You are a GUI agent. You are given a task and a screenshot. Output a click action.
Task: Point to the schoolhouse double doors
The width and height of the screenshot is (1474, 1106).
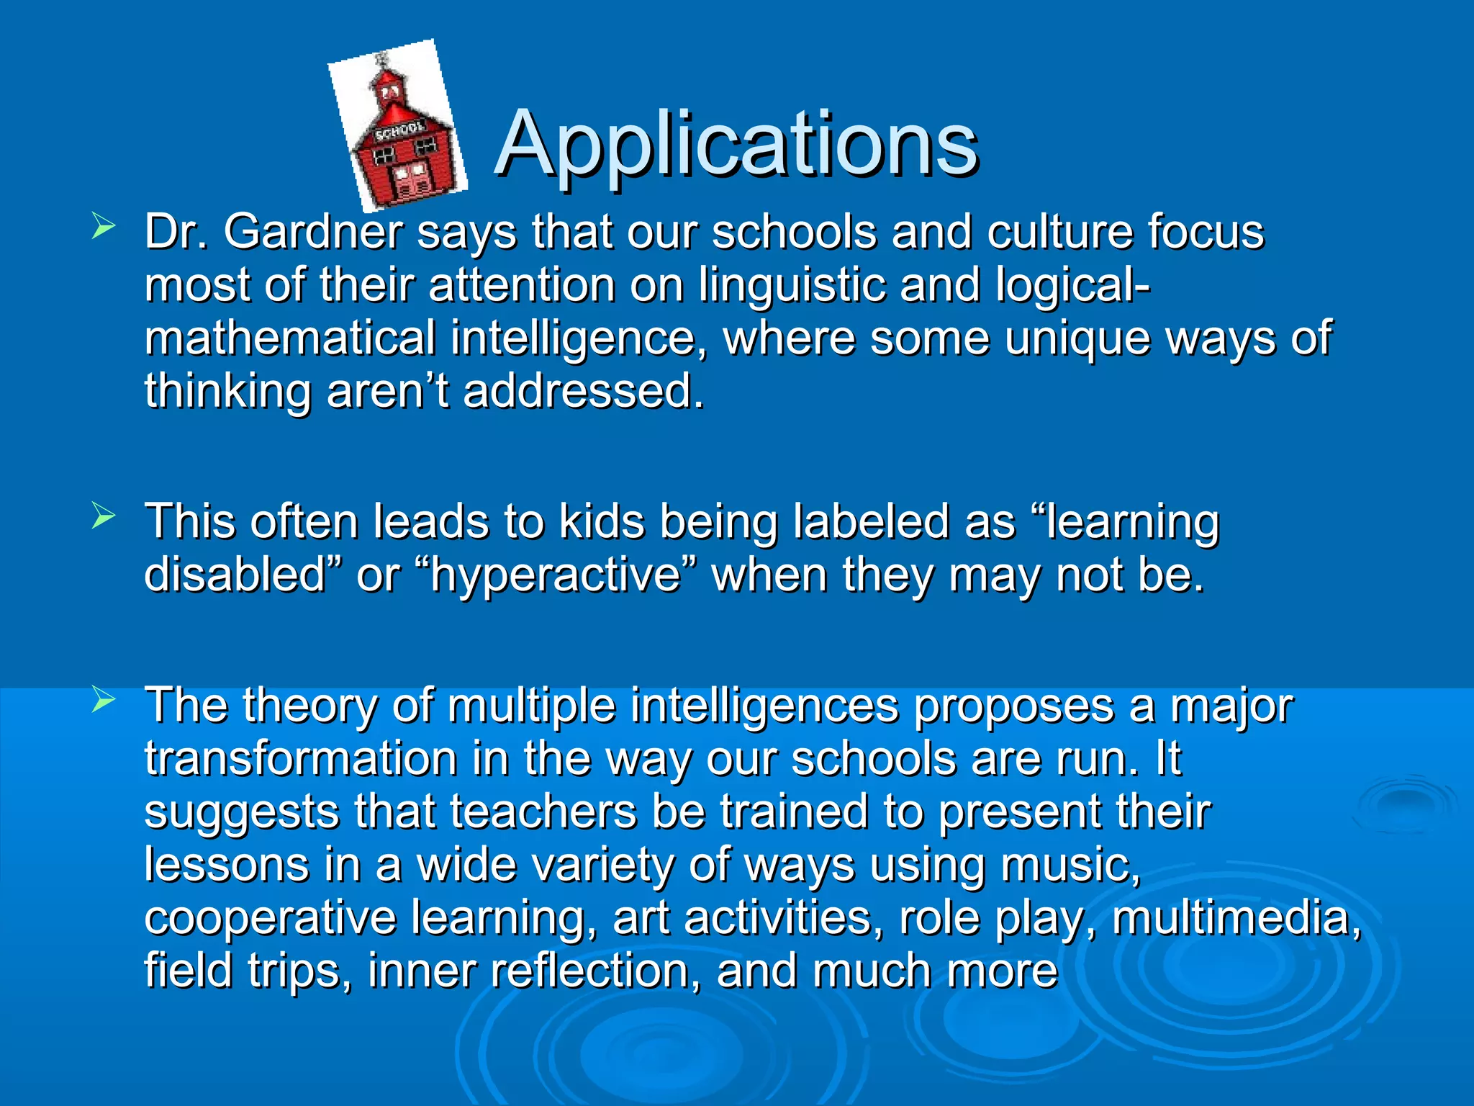pyautogui.click(x=410, y=180)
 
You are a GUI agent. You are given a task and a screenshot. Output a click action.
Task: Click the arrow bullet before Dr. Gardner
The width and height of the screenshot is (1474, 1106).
pyautogui.click(x=104, y=228)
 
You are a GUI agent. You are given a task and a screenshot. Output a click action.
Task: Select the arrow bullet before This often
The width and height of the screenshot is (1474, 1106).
pyautogui.click(x=104, y=516)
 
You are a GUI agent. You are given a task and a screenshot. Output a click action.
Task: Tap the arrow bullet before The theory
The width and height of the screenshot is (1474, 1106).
pyautogui.click(x=104, y=698)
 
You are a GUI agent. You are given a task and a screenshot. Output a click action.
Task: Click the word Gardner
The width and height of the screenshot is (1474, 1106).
pyautogui.click(x=313, y=232)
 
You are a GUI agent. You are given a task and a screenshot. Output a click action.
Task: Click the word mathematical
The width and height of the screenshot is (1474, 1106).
pyautogui.click(x=290, y=338)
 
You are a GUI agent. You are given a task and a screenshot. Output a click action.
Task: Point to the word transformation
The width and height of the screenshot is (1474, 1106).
pyautogui.click(x=301, y=759)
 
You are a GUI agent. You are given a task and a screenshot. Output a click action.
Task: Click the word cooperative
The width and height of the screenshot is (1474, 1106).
pyautogui.click(x=270, y=918)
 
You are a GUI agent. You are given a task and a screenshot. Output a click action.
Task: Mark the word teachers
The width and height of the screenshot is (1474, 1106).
pyautogui.click(x=543, y=812)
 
